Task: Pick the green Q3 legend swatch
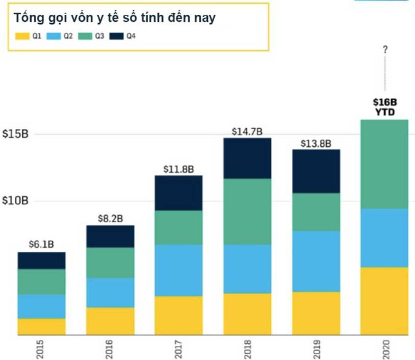[85, 37]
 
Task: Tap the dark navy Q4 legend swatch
[116, 37]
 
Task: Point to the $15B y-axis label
[15, 135]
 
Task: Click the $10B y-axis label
[15, 201]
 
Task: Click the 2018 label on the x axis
[248, 348]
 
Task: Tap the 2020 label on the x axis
[385, 348]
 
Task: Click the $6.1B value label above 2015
[41, 244]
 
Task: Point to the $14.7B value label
[248, 131]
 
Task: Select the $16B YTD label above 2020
[385, 107]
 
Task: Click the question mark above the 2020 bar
[385, 50]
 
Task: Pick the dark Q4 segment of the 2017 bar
[179, 193]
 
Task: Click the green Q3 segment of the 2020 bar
[385, 164]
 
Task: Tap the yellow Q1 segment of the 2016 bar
[110, 321]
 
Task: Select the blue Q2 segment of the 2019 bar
[317, 261]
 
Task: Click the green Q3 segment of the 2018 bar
[248, 211]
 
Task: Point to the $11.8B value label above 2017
[179, 169]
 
